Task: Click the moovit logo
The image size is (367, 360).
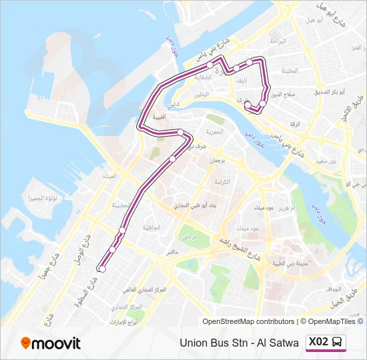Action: pyautogui.click(x=51, y=343)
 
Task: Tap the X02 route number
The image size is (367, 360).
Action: pyautogui.click(x=319, y=342)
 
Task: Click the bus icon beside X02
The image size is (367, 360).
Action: pyautogui.click(x=338, y=342)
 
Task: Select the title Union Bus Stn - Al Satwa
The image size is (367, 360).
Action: pyautogui.click(x=240, y=343)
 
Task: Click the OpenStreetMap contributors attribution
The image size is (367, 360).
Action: pyautogui.click(x=248, y=321)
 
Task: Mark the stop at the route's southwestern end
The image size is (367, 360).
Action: pyautogui.click(x=102, y=269)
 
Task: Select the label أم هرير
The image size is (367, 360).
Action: pyautogui.click(x=285, y=208)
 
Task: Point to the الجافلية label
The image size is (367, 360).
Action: pyautogui.click(x=151, y=227)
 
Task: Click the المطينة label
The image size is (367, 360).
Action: pyautogui.click(x=290, y=69)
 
